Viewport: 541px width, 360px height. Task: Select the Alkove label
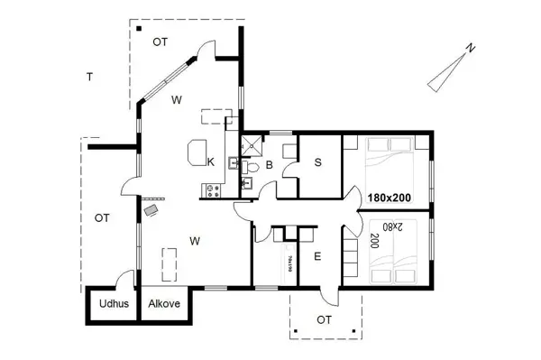164,304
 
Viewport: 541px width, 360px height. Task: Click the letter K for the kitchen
210,162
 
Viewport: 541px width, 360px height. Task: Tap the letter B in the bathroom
269,165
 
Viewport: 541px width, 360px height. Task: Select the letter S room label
318,162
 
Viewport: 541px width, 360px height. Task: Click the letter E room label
317,256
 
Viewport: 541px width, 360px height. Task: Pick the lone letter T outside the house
89,77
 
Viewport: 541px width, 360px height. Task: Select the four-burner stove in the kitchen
215,189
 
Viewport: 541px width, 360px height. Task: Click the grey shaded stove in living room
151,209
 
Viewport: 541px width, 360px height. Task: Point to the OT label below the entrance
324,319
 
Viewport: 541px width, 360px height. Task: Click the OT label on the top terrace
160,42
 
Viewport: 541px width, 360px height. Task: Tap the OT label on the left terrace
102,218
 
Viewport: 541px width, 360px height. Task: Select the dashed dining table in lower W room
169,264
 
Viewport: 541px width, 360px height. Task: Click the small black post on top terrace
141,28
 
